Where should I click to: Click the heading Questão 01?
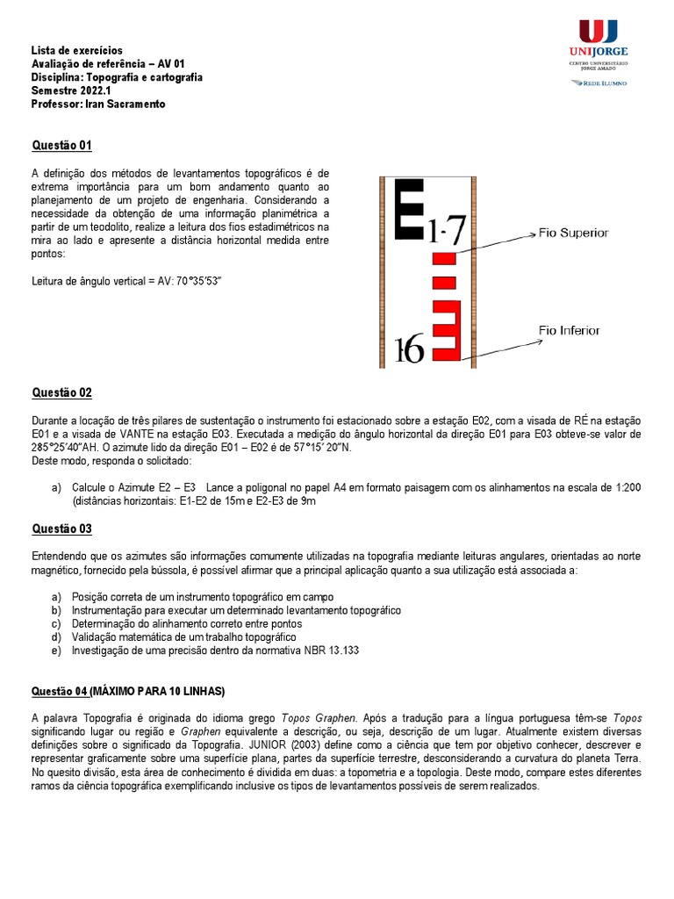61,145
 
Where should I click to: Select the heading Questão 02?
61,392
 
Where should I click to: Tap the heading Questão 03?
61,529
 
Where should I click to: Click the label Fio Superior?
573,233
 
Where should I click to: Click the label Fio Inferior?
569,331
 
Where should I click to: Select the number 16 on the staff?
409,349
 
